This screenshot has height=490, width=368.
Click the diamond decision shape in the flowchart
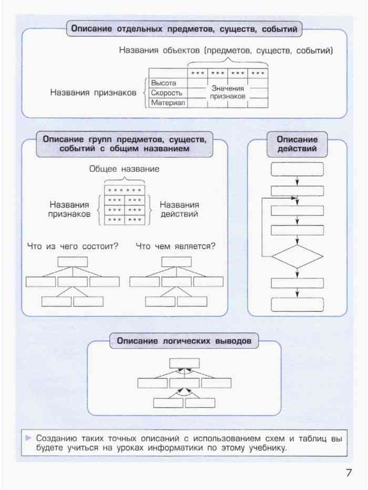[297, 257]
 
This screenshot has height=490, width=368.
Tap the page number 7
[349, 472]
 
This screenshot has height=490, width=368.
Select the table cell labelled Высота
[168, 83]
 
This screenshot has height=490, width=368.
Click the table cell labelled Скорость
[168, 93]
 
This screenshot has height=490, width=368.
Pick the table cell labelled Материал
[168, 103]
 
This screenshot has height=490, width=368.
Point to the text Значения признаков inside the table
[228, 93]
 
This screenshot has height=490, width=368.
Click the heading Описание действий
[297, 144]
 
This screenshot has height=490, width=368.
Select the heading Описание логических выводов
[184, 341]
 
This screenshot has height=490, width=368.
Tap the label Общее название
[125, 169]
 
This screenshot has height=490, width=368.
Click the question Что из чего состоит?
[73, 246]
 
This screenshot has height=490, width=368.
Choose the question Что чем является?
[176, 246]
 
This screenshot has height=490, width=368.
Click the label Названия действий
[179, 209]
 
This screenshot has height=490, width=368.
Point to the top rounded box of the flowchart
[297, 169]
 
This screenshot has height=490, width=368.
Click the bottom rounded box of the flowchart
[297, 305]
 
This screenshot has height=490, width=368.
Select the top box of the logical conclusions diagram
[185, 363]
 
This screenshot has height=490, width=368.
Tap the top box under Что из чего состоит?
[73, 262]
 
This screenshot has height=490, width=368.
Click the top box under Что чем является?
[177, 262]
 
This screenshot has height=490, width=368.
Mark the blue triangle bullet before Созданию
[28, 438]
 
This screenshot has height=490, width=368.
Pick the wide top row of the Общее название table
[125, 190]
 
